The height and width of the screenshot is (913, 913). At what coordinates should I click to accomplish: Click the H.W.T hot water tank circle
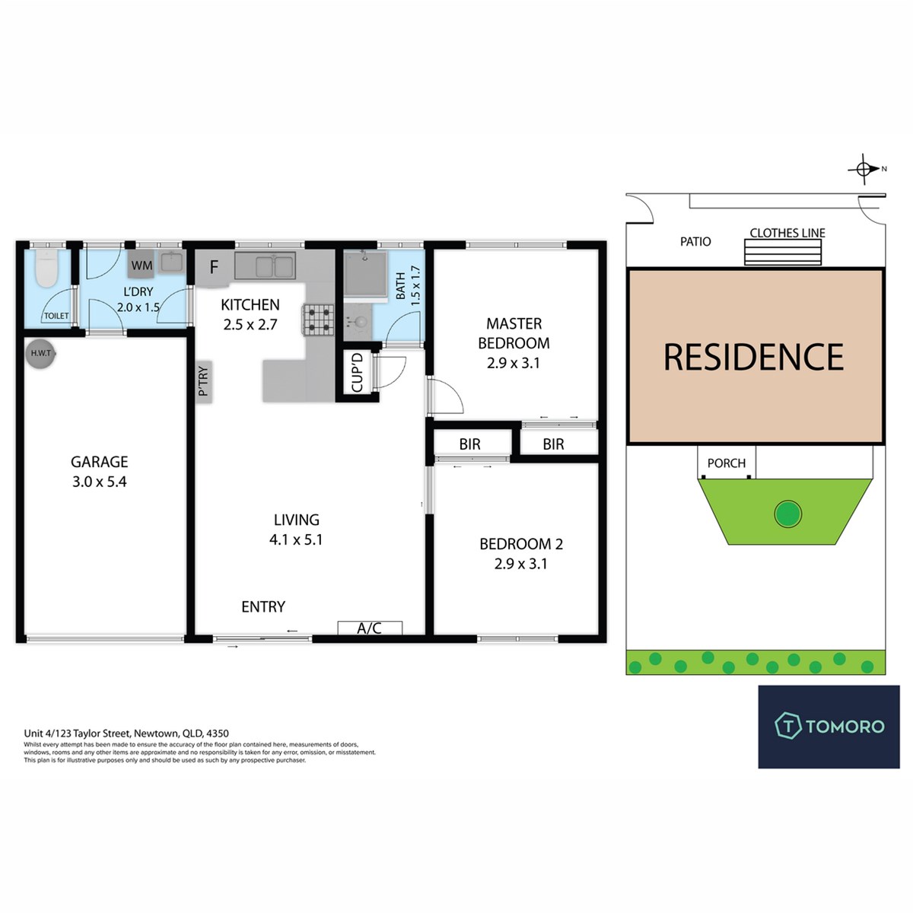[41, 353]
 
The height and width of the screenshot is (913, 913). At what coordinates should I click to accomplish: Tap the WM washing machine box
[142, 266]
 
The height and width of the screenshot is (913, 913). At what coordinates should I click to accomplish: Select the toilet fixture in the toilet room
[47, 269]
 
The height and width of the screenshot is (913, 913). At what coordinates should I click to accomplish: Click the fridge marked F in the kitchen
[213, 268]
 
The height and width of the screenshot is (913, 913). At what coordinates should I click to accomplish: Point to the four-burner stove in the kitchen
[318, 320]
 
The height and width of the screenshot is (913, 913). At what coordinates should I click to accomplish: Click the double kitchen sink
[265, 266]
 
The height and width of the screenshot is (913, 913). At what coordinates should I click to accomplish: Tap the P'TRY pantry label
[203, 381]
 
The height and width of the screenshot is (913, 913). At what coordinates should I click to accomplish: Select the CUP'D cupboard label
[357, 372]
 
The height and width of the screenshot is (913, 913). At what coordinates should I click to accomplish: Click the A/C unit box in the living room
[370, 628]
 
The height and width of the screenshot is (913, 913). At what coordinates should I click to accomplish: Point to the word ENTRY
[263, 606]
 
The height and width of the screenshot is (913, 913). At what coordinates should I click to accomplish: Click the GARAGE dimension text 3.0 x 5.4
[99, 482]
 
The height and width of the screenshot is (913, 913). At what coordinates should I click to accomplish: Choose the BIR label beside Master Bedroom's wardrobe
[553, 444]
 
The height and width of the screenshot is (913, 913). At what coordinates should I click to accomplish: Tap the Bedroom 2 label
[521, 544]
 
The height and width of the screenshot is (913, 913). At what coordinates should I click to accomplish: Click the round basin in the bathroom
[360, 322]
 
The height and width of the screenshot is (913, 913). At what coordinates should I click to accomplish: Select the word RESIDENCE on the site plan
[754, 357]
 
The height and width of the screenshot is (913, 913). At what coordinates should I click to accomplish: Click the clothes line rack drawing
[782, 252]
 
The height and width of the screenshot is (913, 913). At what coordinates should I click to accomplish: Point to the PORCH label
[727, 463]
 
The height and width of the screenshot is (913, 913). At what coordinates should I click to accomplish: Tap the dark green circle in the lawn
[787, 514]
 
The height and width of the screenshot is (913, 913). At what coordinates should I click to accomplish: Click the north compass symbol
[864, 169]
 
